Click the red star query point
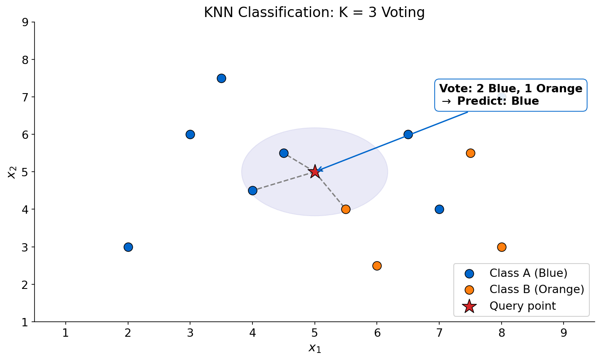pos(315,171)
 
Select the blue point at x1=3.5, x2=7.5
pos(221,78)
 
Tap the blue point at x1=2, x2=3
pos(128,247)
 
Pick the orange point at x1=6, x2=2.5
pos(377,266)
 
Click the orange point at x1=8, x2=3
pos(502,247)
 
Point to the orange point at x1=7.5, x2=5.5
pos(470,153)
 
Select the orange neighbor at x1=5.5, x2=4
pos(346,209)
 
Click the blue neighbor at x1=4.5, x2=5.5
pos(284,153)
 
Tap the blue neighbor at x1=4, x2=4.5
pos(252,190)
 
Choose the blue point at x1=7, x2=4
pos(439,209)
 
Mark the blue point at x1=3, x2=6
pos(190,134)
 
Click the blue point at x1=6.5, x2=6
pos(408,134)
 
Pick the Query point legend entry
pos(522,306)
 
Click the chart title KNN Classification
pos(314,12)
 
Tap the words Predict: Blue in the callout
pos(497,101)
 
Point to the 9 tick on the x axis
pos(564,333)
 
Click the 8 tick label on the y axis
pos(25,59)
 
